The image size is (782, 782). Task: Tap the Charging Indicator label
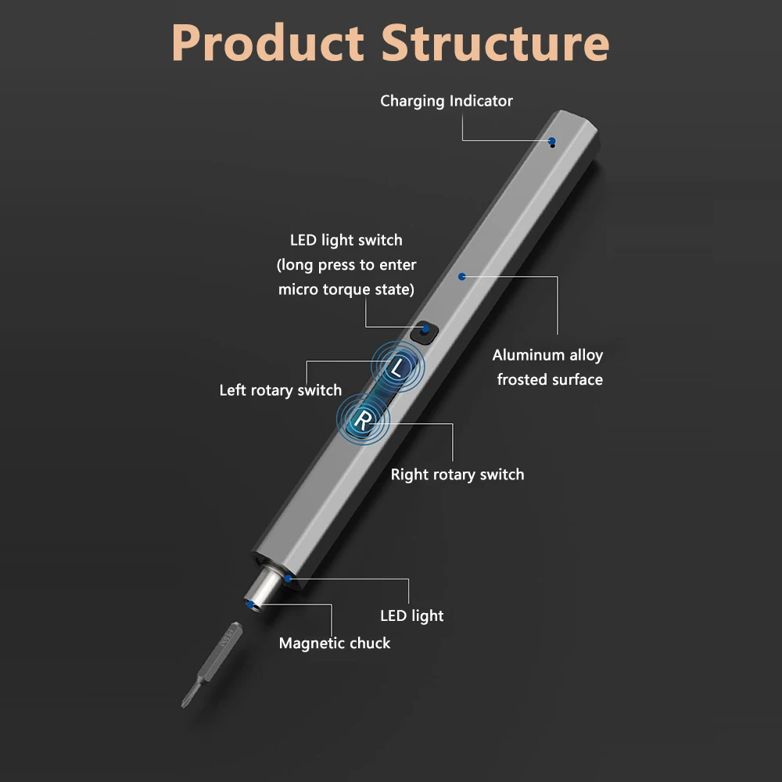447,101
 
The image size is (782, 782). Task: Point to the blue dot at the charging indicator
552,142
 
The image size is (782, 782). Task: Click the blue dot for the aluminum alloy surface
462,276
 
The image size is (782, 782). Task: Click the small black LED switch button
423,332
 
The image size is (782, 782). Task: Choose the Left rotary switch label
280,389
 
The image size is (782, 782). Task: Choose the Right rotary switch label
457,474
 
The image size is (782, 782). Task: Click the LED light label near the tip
412,615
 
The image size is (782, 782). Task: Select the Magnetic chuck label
335,643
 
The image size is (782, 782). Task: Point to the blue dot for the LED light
289,579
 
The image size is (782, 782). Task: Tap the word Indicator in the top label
481,101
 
